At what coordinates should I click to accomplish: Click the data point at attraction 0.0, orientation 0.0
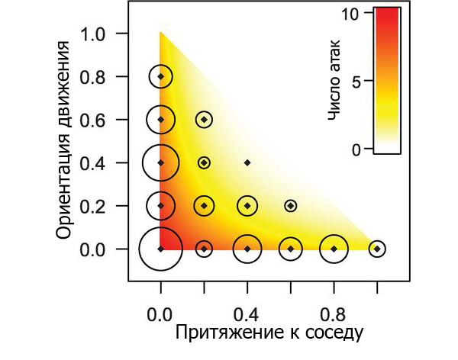[x=160, y=249]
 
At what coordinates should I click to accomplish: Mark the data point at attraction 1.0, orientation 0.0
[x=377, y=249]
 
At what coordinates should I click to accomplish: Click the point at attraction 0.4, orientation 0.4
[x=247, y=162]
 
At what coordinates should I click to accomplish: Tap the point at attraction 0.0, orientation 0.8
[x=160, y=76]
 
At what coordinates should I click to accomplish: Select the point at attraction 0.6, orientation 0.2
[x=290, y=206]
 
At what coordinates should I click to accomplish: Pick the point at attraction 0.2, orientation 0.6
[x=204, y=120]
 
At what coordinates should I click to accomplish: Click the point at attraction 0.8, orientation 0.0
[x=334, y=249]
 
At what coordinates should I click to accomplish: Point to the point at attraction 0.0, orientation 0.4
[x=160, y=162]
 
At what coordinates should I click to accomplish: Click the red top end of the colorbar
[x=387, y=12]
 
